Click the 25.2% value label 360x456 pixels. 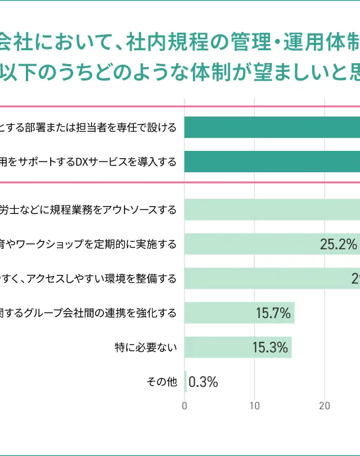pyautogui.click(x=339, y=244)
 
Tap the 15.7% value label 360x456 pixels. pyautogui.click(x=273, y=314)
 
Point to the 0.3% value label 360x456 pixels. pyautogui.click(x=203, y=382)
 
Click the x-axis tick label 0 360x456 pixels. pyautogui.click(x=185, y=405)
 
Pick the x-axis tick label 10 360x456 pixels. pyautogui.click(x=255, y=405)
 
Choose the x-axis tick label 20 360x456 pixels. pyautogui.click(x=325, y=405)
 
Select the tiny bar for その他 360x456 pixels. pyautogui.click(x=186, y=382)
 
